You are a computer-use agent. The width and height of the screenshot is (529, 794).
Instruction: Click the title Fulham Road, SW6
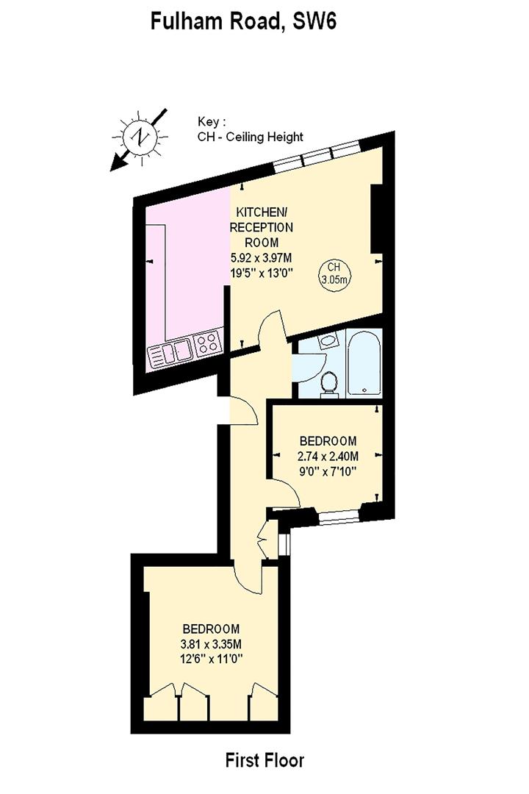tap(243, 21)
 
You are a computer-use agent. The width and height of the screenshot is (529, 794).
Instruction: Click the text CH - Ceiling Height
tap(250, 137)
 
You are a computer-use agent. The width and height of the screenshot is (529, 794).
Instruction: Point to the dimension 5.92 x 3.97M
tap(262, 258)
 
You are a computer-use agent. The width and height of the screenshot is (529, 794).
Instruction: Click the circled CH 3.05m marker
tap(334, 273)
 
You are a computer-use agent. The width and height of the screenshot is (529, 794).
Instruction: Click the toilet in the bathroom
tap(330, 383)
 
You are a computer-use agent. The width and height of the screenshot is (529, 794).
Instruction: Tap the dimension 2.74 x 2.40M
tap(328, 457)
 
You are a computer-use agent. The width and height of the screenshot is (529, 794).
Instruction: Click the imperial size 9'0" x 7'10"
tap(328, 472)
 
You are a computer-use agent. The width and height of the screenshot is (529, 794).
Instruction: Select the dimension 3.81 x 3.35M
tap(212, 645)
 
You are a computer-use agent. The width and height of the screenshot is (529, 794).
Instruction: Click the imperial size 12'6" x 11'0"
tap(212, 660)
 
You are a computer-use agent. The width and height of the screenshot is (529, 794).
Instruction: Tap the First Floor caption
tap(264, 760)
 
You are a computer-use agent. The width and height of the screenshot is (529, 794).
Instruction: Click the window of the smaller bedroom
tap(339, 517)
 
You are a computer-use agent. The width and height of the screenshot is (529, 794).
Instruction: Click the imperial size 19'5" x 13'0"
tap(262, 273)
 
